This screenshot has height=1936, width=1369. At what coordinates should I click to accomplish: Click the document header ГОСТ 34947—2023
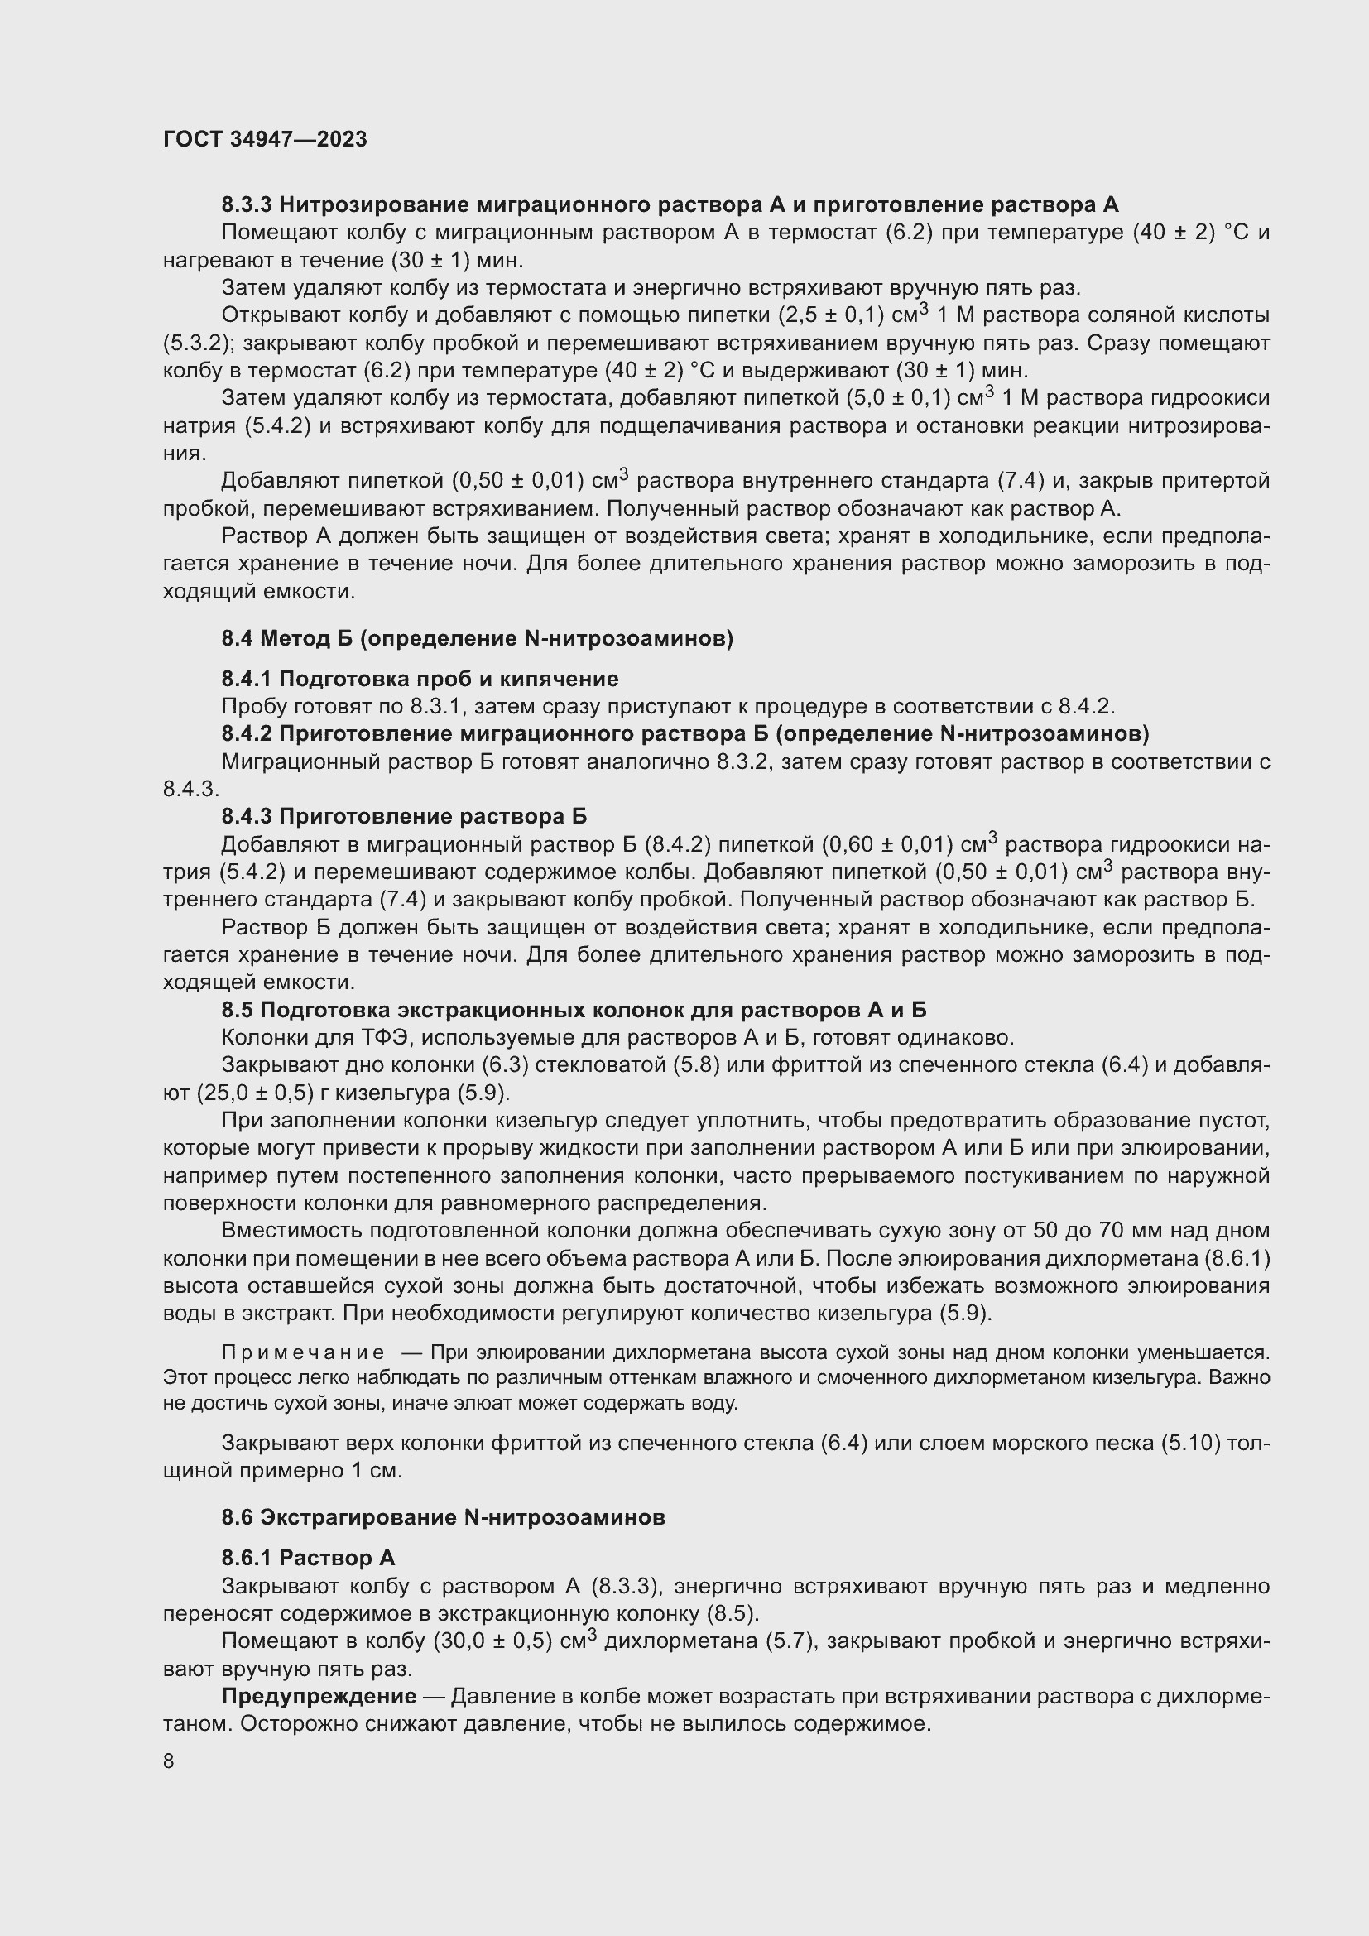pos(265,140)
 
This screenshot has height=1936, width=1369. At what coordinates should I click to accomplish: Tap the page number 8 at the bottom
pos(169,1761)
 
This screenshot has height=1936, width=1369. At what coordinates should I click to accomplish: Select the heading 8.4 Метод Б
pos(477,639)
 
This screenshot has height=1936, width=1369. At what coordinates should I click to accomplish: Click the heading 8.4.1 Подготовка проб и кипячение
pos(420,679)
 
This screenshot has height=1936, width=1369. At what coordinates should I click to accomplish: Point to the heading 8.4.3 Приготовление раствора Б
pos(404,816)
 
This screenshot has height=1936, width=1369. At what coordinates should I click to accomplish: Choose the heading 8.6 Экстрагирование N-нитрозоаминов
pos(444,1518)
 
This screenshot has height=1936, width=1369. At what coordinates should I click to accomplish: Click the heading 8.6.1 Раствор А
pos(308,1559)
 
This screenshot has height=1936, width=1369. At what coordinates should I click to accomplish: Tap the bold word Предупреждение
pos(319,1697)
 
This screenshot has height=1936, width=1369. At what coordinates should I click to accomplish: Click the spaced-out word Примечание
pos(303,1352)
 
